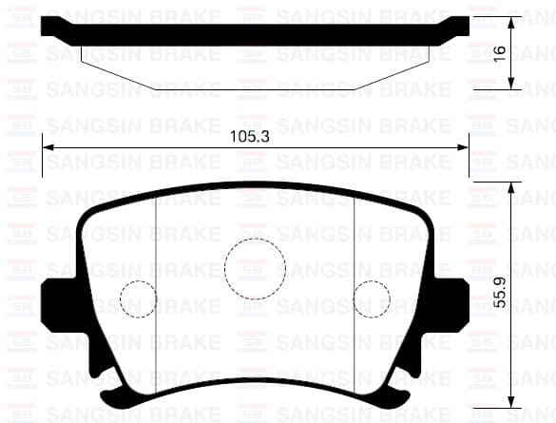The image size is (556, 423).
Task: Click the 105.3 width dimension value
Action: pos(251,137)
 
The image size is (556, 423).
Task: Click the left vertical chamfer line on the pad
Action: pos(155,285)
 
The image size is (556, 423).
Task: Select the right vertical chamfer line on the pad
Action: pos(355,285)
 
